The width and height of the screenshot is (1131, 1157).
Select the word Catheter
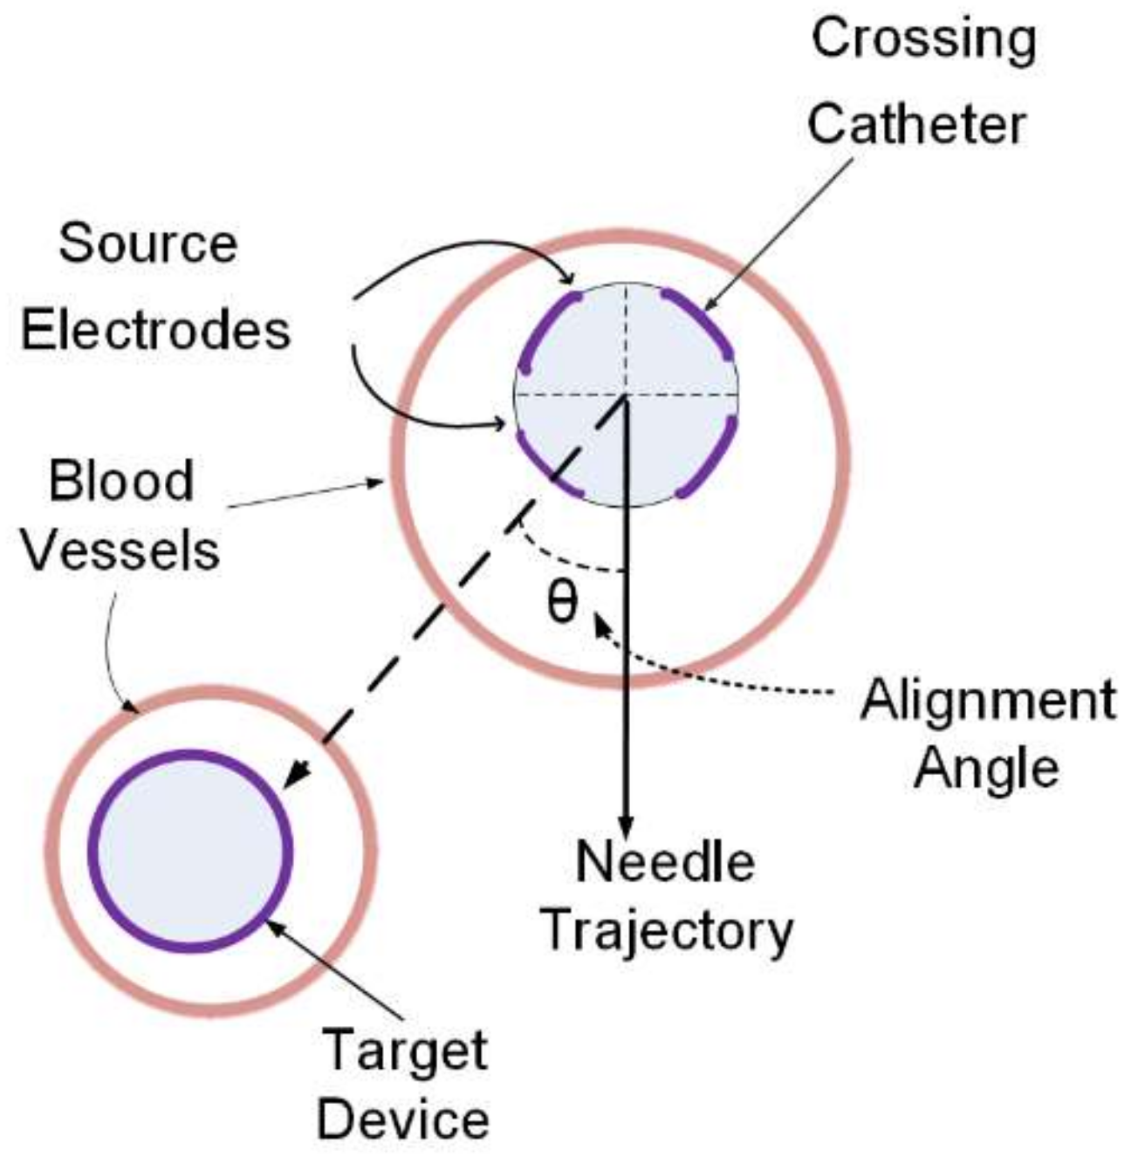point(915,125)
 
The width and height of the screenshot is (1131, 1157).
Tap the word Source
point(147,244)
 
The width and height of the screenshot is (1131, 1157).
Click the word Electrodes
point(155,332)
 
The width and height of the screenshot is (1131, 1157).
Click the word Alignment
point(987,701)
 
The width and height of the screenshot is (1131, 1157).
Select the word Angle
point(986,768)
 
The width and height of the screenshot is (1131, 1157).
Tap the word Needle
point(665,862)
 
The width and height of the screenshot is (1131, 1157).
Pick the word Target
point(405,1051)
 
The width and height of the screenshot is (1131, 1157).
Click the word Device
point(402,1119)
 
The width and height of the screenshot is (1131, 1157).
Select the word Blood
point(120,482)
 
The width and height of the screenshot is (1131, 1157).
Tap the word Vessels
point(120,551)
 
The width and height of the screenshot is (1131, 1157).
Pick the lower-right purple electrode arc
point(711,462)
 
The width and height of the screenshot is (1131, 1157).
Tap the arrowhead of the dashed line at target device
point(299,772)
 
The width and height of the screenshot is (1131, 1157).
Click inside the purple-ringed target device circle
point(190,851)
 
